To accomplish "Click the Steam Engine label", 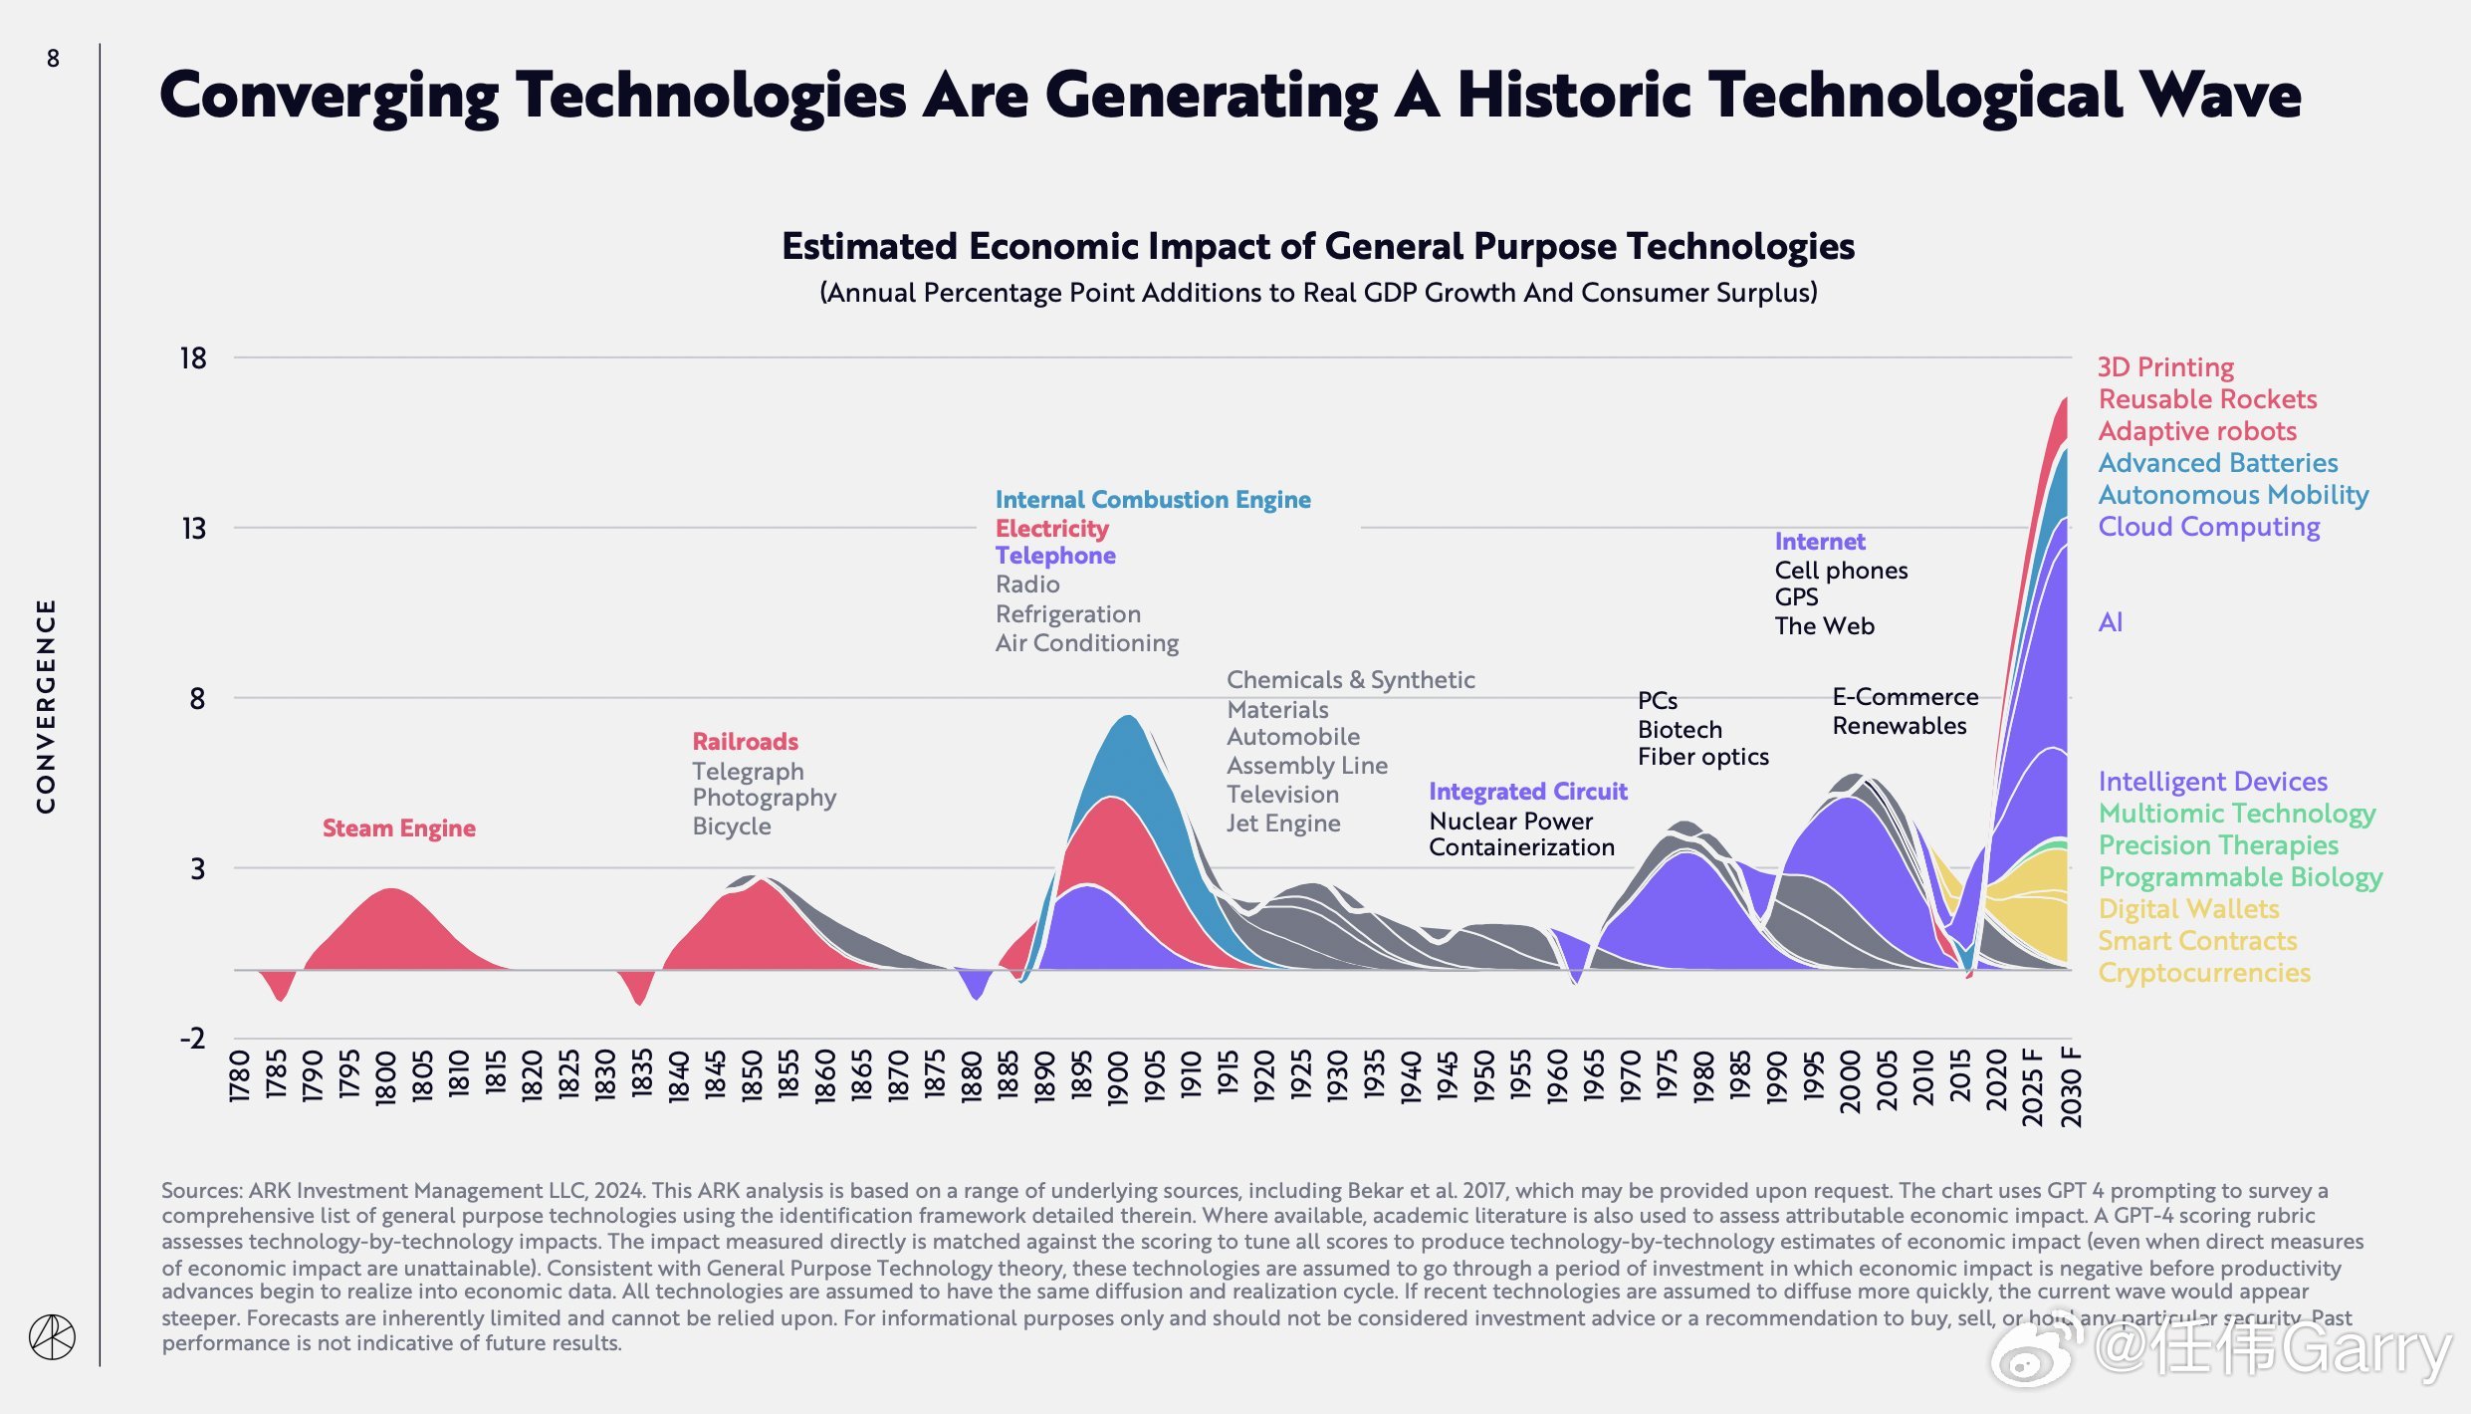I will pos(398,828).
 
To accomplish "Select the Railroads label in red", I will pos(745,742).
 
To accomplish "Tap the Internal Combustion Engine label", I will pos(1153,500).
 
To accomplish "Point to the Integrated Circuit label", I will pos(1527,792).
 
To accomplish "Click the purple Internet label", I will pos(1819,542).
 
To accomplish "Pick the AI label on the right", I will pos(2110,622).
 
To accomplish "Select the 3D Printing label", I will pos(2165,367).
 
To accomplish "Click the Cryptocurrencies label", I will pos(2203,973).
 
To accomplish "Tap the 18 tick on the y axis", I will pos(193,358).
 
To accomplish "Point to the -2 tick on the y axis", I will pos(192,1039).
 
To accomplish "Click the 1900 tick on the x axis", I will pos(1117,1078).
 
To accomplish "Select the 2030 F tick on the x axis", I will pos(2071,1086).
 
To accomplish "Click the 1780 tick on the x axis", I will pos(239,1075).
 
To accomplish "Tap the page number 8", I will pos(53,59).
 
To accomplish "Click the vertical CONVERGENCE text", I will pos(46,706).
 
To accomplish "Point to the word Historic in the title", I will pos(1574,96).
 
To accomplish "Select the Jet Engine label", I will pos(1282,824).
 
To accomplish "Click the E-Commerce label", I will pos(1905,697).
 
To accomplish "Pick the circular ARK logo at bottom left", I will pos(52,1337).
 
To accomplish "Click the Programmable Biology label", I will pos(2240,877).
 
